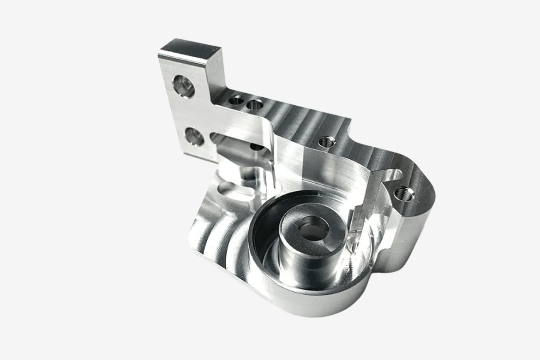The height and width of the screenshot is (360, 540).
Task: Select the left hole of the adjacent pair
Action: click(x=237, y=100)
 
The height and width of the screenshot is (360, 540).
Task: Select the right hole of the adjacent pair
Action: click(x=254, y=105)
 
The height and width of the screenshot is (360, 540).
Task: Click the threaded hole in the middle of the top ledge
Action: click(x=326, y=141)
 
